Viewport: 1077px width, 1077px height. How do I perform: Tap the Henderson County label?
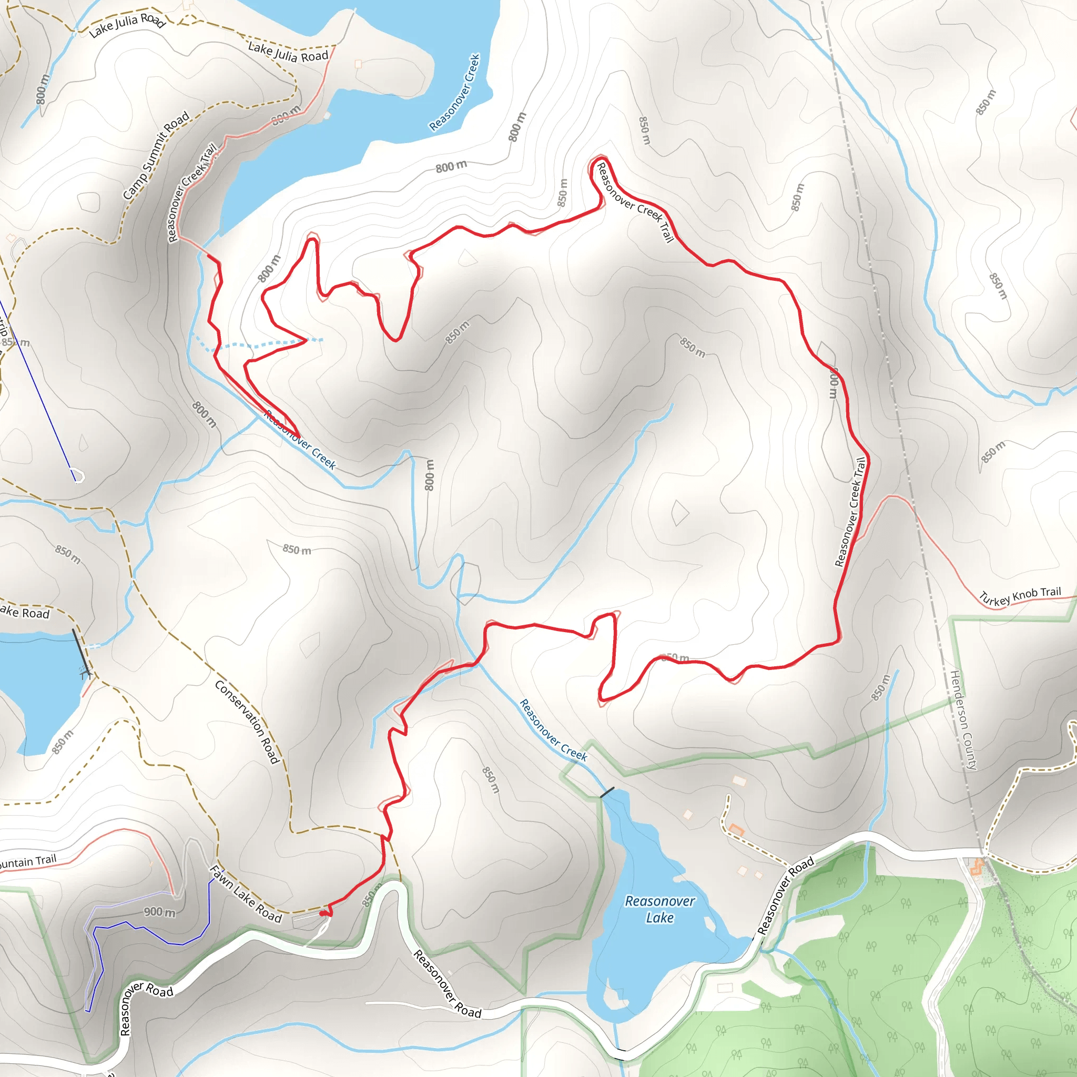963,720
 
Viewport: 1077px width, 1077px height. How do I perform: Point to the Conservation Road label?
247,721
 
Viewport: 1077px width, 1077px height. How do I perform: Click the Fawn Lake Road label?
245,894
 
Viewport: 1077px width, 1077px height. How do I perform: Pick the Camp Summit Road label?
156,156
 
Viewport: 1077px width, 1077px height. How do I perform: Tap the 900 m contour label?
159,912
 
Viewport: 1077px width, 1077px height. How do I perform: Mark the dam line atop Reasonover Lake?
607,792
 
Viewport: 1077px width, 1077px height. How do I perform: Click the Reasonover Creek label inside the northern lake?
455,93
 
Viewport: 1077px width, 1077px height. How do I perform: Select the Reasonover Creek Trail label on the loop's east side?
850,511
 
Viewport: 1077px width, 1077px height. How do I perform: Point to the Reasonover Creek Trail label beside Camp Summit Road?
192,193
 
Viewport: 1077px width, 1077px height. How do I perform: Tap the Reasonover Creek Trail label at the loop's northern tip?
635,202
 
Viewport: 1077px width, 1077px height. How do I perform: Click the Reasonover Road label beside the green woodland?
785,895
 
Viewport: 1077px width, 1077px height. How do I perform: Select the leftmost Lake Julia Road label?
127,25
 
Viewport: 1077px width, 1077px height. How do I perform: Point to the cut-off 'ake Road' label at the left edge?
25,613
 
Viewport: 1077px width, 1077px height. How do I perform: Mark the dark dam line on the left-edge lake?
82,652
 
